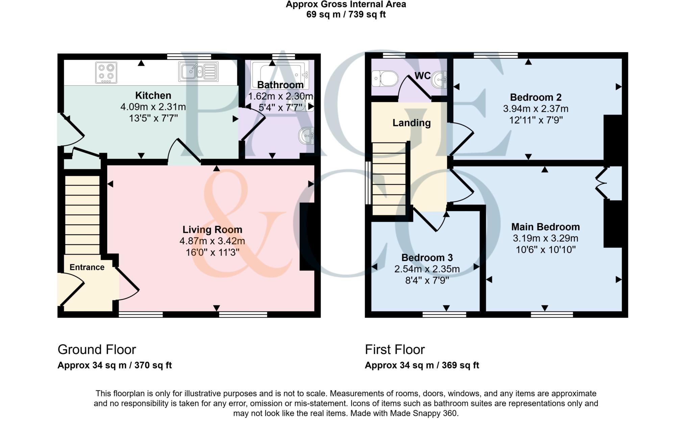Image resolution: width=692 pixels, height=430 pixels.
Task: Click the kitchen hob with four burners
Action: pos(106,72)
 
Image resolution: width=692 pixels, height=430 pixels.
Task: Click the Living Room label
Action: pos(212,230)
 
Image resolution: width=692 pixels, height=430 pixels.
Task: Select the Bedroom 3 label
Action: pos(427,258)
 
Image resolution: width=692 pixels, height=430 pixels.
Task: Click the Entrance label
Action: pos(87,267)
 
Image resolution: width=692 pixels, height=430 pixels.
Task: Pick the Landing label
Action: pos(411,123)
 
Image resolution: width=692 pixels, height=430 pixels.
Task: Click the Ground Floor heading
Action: pos(97,349)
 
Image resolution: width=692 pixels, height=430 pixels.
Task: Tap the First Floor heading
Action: pos(395,349)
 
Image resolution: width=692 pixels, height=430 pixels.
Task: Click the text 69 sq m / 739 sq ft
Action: pos(346,15)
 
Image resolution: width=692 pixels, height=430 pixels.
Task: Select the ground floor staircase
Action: pos(82,215)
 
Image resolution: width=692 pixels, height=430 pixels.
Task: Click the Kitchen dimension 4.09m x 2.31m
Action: pos(153,107)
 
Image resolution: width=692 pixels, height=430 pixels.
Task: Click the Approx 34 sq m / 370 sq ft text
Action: pos(115,365)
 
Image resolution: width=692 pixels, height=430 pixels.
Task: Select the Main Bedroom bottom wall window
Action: pos(552,315)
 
